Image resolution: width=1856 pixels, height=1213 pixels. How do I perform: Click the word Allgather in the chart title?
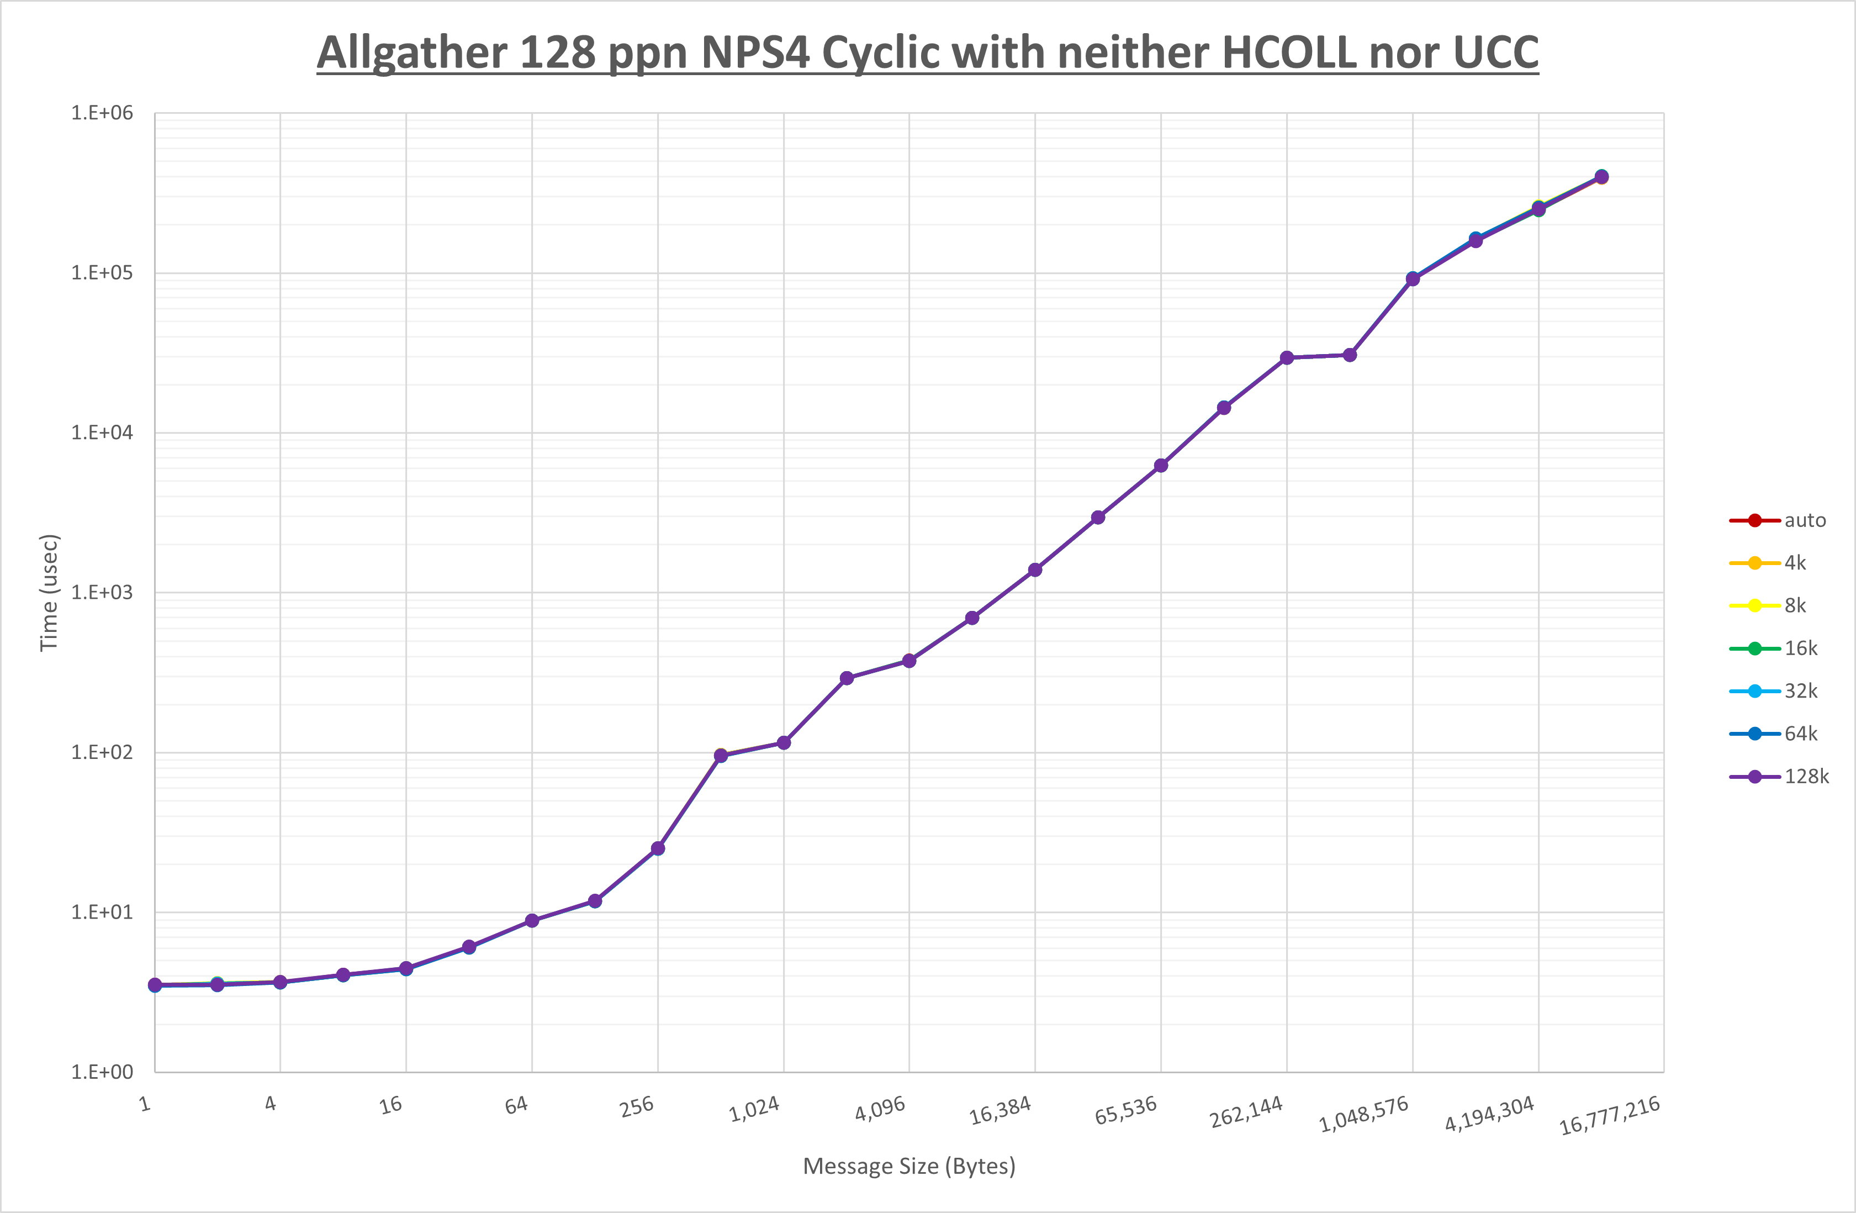413,53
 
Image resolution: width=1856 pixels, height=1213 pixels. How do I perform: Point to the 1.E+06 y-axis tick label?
102,113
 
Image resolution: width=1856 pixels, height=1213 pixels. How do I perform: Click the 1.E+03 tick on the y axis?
102,592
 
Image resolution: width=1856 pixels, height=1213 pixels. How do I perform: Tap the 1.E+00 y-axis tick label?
102,1072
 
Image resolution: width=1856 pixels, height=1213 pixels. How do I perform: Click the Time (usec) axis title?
49,593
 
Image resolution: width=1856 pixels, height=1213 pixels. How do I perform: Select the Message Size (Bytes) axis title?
910,1166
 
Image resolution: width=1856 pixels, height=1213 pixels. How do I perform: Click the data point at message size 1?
155,985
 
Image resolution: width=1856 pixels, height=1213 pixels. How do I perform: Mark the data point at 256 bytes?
657,848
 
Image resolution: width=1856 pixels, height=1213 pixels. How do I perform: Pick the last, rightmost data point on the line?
1601,177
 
